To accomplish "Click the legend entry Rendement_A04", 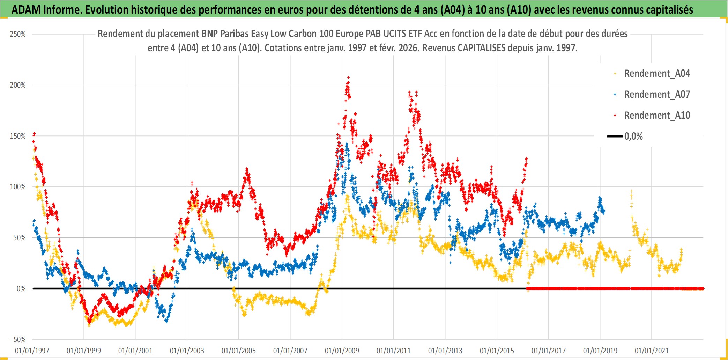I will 657,74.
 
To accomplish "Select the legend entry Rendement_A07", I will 657,95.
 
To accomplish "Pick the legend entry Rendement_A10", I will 657,116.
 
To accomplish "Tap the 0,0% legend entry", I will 633,137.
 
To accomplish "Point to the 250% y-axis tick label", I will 18,34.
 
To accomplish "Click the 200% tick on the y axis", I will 18,85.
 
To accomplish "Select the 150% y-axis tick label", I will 18,136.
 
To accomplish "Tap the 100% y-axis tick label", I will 18,187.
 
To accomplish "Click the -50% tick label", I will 18,339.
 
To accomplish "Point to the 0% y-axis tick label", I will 21,289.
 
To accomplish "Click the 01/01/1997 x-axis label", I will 32,351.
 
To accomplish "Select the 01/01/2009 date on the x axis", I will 342,351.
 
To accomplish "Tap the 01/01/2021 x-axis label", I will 652,351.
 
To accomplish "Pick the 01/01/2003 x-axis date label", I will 187,351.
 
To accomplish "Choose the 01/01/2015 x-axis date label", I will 497,351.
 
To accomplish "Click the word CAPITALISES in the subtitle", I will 482,48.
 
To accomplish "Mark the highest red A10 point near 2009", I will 348,78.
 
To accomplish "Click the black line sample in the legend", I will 615,137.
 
